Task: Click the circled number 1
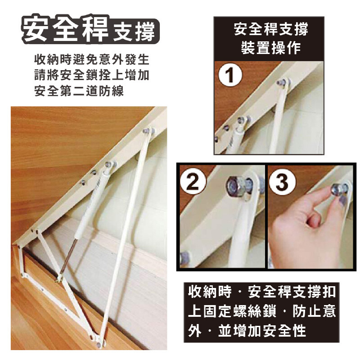point(230,75)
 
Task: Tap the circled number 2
point(193,182)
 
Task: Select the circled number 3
point(282,182)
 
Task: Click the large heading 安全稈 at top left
point(65,29)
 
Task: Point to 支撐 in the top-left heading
point(134,31)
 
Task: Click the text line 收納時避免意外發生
point(92,60)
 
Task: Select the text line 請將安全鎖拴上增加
point(92,75)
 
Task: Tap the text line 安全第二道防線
point(79,91)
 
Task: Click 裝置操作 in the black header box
point(271,48)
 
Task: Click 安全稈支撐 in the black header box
point(271,29)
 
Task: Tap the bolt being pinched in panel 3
point(339,188)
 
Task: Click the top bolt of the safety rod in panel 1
point(281,83)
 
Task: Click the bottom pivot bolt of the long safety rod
point(99,344)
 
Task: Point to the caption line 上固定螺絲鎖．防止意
point(262,311)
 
